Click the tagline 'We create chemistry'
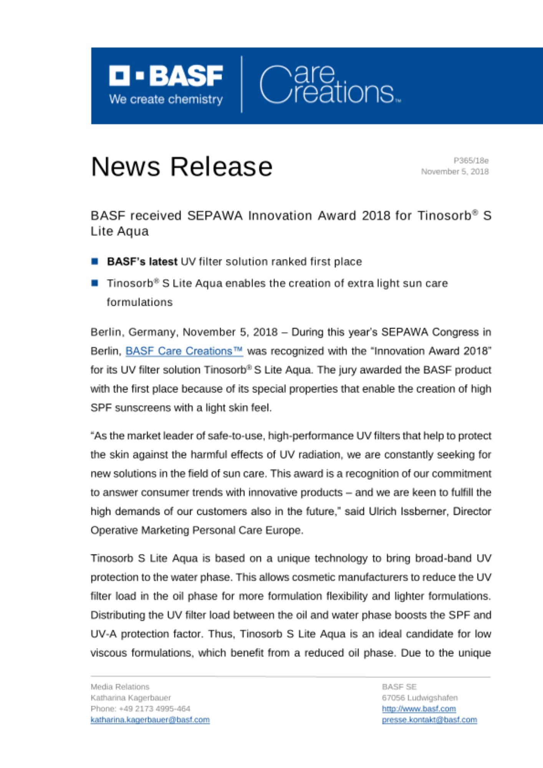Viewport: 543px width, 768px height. (x=166, y=99)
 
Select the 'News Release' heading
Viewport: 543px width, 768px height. (x=182, y=167)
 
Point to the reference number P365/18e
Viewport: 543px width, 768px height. (x=471, y=161)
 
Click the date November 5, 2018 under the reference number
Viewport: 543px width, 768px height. (x=455, y=171)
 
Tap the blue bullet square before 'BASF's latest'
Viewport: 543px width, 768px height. (x=95, y=262)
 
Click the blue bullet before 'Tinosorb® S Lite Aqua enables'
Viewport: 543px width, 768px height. (x=95, y=283)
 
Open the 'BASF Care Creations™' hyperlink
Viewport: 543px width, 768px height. (x=184, y=351)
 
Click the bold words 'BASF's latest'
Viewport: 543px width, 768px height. (x=142, y=262)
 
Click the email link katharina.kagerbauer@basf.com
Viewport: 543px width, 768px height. (x=150, y=720)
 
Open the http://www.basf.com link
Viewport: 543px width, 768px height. (x=419, y=708)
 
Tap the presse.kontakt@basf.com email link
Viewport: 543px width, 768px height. (x=429, y=720)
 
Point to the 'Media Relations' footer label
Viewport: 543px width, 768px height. (x=120, y=687)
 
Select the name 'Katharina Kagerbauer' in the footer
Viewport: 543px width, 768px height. (x=131, y=698)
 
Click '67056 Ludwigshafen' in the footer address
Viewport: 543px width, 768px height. (x=420, y=698)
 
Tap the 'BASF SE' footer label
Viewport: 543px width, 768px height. (x=399, y=687)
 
